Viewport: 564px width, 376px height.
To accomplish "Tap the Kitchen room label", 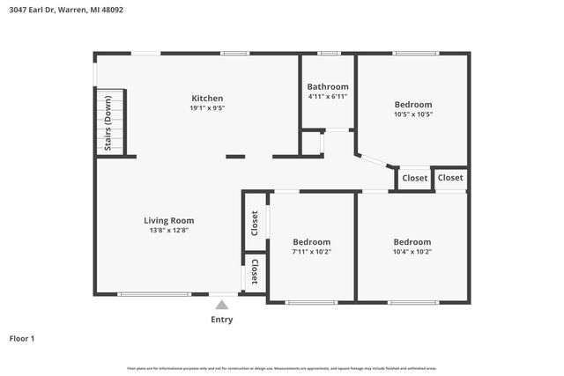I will click(x=207, y=98).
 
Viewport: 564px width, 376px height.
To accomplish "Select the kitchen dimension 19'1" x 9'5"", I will click(x=207, y=109).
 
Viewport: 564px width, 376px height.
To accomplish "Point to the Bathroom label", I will click(x=328, y=86).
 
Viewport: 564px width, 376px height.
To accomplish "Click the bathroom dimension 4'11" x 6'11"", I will click(x=328, y=97).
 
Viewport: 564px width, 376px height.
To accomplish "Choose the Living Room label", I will click(x=169, y=220).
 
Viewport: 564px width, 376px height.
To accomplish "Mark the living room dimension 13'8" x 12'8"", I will click(x=169, y=231).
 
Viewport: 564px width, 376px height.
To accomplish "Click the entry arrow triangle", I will click(x=222, y=305).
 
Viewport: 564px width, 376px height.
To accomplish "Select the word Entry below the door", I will click(x=222, y=320).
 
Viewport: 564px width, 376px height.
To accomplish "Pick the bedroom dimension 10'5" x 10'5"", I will click(x=412, y=114).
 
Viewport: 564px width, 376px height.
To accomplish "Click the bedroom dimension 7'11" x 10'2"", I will click(x=311, y=252).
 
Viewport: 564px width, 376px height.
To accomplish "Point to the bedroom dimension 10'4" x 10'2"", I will click(x=412, y=252).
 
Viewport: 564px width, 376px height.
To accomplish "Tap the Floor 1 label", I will click(x=22, y=337).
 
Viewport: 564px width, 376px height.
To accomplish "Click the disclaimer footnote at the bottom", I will click(x=282, y=368).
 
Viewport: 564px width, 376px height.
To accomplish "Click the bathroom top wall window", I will click(x=329, y=54).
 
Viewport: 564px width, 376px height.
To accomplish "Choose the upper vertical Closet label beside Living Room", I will click(x=255, y=223).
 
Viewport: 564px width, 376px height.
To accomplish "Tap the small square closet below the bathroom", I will click(x=311, y=143).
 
